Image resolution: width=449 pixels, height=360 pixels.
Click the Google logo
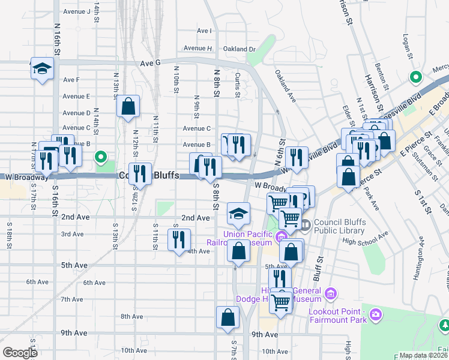tap(20, 353)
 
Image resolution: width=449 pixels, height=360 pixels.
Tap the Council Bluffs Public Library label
tap(339, 226)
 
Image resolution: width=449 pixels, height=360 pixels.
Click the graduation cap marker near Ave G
tap(42, 68)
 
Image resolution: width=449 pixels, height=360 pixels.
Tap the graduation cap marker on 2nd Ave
tap(238, 214)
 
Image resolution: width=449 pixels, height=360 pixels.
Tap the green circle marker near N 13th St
tap(101, 158)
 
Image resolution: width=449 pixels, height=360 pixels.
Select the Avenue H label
tap(198, 48)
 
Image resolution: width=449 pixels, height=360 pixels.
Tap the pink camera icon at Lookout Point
tap(376, 314)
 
